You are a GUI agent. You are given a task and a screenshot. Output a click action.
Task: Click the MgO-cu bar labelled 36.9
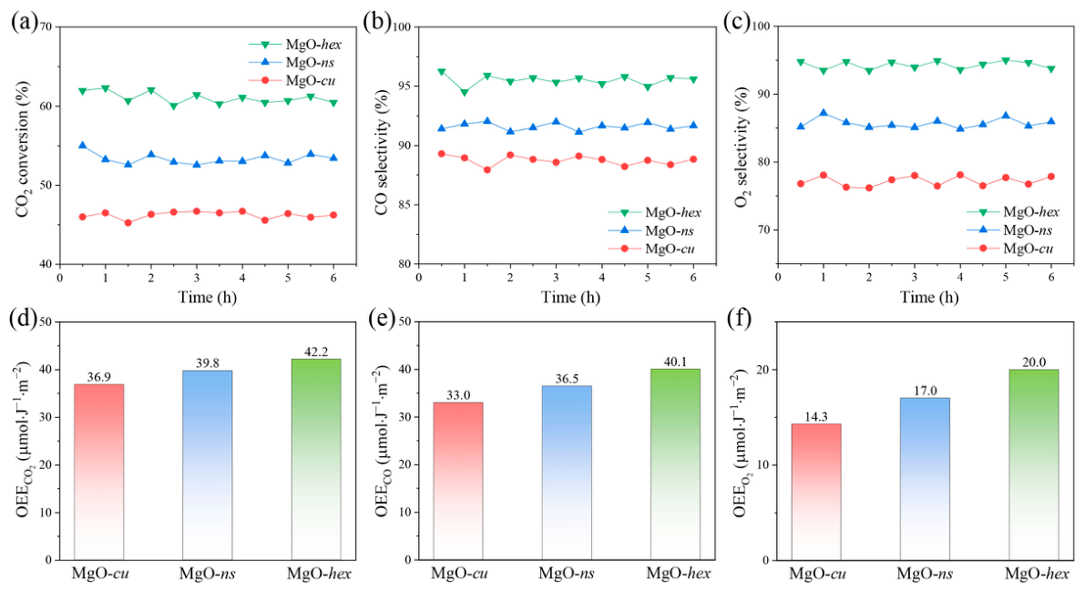click(98, 472)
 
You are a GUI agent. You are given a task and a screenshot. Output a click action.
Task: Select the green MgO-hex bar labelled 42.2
click(315, 460)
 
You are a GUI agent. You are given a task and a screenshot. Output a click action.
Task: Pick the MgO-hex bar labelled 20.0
click(1033, 464)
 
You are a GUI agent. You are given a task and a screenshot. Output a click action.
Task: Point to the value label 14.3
click(816, 417)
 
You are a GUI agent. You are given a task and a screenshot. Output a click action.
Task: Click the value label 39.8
click(207, 364)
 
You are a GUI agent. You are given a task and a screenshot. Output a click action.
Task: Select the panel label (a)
click(25, 22)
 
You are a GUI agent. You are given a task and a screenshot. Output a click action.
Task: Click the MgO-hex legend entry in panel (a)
click(295, 45)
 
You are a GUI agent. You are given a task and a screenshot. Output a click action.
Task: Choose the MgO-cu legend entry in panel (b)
click(651, 250)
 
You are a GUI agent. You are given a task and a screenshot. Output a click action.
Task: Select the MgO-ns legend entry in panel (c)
click(1009, 230)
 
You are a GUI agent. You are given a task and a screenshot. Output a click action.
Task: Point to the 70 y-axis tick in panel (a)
click(47, 27)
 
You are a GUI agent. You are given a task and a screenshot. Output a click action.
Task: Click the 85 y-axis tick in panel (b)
click(404, 205)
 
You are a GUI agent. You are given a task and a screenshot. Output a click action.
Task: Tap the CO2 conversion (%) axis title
click(25, 149)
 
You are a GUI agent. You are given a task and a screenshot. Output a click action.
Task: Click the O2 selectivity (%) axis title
click(742, 148)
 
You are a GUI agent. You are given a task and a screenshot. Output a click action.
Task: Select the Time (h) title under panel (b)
click(570, 298)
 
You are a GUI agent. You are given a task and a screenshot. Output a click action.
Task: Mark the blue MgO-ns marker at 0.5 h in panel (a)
click(83, 146)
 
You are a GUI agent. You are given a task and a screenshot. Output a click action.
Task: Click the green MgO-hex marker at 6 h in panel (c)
click(1051, 69)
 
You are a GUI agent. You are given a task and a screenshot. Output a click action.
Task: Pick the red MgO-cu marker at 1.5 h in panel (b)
click(487, 169)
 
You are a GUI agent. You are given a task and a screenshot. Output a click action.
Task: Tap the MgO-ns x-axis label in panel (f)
click(926, 574)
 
